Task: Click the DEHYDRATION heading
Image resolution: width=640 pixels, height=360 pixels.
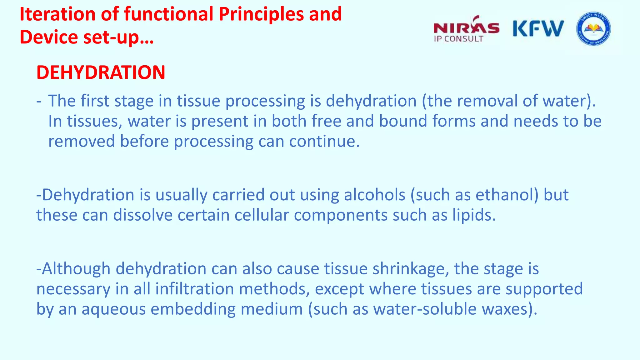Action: [101, 72]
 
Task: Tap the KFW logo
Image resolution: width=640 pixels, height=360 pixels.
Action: [538, 29]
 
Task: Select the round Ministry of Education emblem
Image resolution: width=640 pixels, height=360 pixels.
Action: [593, 29]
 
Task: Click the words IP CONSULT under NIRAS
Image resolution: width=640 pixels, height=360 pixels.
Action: [458, 39]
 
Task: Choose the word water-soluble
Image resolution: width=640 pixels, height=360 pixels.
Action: [425, 309]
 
